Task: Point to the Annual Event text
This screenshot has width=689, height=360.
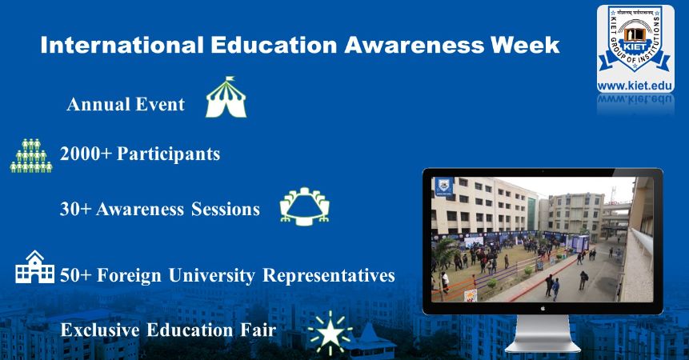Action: tap(126, 105)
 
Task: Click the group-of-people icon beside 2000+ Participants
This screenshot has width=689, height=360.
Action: tap(30, 155)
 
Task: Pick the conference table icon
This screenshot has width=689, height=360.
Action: tap(304, 206)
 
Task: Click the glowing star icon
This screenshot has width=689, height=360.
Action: tap(330, 334)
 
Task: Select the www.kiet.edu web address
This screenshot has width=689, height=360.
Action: tap(635, 85)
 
